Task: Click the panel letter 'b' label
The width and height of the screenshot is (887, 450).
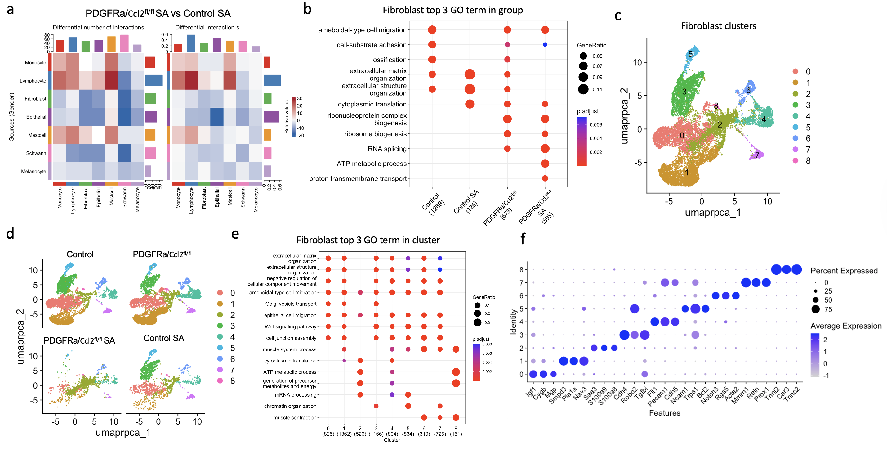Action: [307, 9]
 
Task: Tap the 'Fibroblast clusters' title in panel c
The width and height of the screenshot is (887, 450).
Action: [718, 26]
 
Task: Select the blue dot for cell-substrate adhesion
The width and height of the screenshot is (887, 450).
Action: [545, 45]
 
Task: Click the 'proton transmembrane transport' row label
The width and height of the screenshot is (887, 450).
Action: [358, 178]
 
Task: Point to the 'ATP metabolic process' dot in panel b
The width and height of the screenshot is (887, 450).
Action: [545, 164]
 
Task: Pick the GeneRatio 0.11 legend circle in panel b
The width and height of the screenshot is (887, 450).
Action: [583, 90]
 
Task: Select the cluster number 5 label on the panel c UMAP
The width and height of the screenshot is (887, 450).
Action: [690, 54]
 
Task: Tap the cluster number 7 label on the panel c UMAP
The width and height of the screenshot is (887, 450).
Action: [757, 155]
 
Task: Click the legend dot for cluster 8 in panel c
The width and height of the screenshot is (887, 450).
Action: [796, 160]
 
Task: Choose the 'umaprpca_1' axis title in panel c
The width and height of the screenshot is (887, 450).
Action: [712, 213]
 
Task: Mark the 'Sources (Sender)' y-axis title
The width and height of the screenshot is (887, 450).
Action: [12, 117]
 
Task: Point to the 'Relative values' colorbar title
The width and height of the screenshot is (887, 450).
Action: [287, 117]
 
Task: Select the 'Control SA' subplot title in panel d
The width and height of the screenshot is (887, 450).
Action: [163, 338]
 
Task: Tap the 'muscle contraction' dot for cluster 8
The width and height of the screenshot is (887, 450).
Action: [456, 418]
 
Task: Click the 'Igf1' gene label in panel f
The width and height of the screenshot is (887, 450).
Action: [531, 392]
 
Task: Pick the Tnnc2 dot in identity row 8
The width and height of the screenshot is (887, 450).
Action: [796, 269]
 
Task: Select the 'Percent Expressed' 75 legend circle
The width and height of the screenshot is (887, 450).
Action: [815, 309]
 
